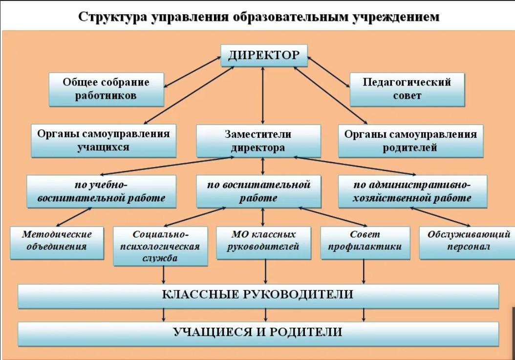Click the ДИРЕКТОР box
[264, 56]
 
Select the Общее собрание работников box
[107, 89]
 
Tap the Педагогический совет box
[408, 89]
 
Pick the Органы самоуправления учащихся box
[104, 141]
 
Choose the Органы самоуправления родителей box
[411, 141]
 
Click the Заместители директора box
[259, 141]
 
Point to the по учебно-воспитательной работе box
[102, 191]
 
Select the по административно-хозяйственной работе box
[413, 191]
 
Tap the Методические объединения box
[57, 243]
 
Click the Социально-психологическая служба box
[161, 246]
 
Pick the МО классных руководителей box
[264, 243]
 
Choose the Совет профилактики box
[365, 243]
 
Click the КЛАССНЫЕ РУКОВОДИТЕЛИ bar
[258, 296]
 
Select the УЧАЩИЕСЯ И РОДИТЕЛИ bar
[258, 334]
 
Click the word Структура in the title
[113, 17]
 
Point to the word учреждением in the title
[396, 17]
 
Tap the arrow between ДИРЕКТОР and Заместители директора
[263, 96]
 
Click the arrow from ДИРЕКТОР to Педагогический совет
[329, 72]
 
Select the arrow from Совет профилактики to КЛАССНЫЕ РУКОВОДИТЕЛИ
[364, 272]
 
